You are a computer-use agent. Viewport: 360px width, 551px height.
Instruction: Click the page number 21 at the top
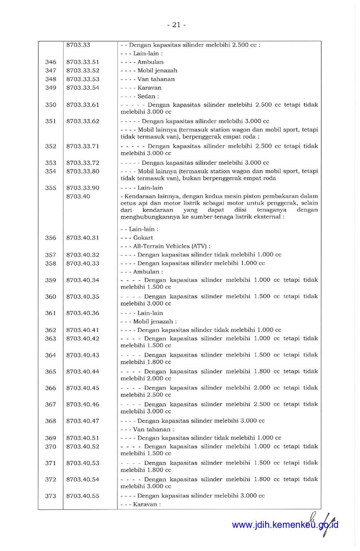coord(175,24)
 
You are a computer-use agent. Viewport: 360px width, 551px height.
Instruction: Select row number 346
coord(50,62)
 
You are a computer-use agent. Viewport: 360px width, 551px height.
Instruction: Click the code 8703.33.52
coord(83,70)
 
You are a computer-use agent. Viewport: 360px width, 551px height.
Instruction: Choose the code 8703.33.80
coord(83,171)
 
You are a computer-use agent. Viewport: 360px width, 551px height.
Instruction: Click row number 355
coord(50,188)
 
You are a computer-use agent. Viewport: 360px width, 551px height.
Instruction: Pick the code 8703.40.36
coord(83,313)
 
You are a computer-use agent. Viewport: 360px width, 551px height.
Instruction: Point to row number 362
coord(50,330)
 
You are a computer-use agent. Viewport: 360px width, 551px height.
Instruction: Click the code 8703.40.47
coord(83,421)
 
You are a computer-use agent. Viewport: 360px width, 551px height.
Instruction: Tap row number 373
coord(50,496)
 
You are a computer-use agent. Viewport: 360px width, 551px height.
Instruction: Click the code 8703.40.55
coord(83,496)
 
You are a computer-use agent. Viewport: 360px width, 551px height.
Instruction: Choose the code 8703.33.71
coord(83,146)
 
